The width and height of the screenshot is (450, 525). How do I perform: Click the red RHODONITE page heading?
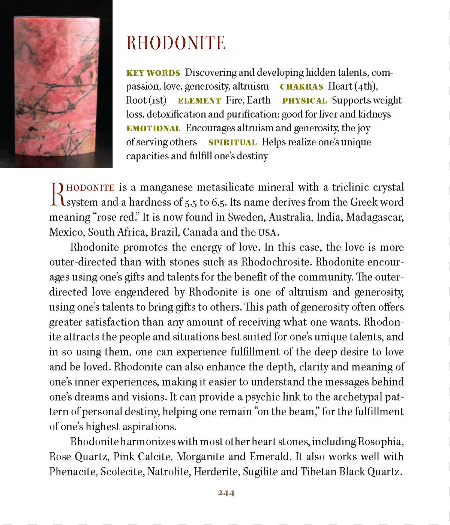176,43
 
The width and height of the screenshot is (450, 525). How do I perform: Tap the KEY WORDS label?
153,73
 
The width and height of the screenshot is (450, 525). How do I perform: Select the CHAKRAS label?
301,87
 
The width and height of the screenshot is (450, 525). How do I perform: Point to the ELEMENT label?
199,101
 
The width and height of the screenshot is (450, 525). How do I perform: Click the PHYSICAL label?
304,101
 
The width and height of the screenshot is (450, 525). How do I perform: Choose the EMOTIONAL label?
153,129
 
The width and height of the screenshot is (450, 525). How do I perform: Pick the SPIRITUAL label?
232,142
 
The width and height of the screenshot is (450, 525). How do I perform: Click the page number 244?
226,493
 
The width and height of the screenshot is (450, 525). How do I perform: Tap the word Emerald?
269,456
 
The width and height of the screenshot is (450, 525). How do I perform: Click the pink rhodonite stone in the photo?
56,86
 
